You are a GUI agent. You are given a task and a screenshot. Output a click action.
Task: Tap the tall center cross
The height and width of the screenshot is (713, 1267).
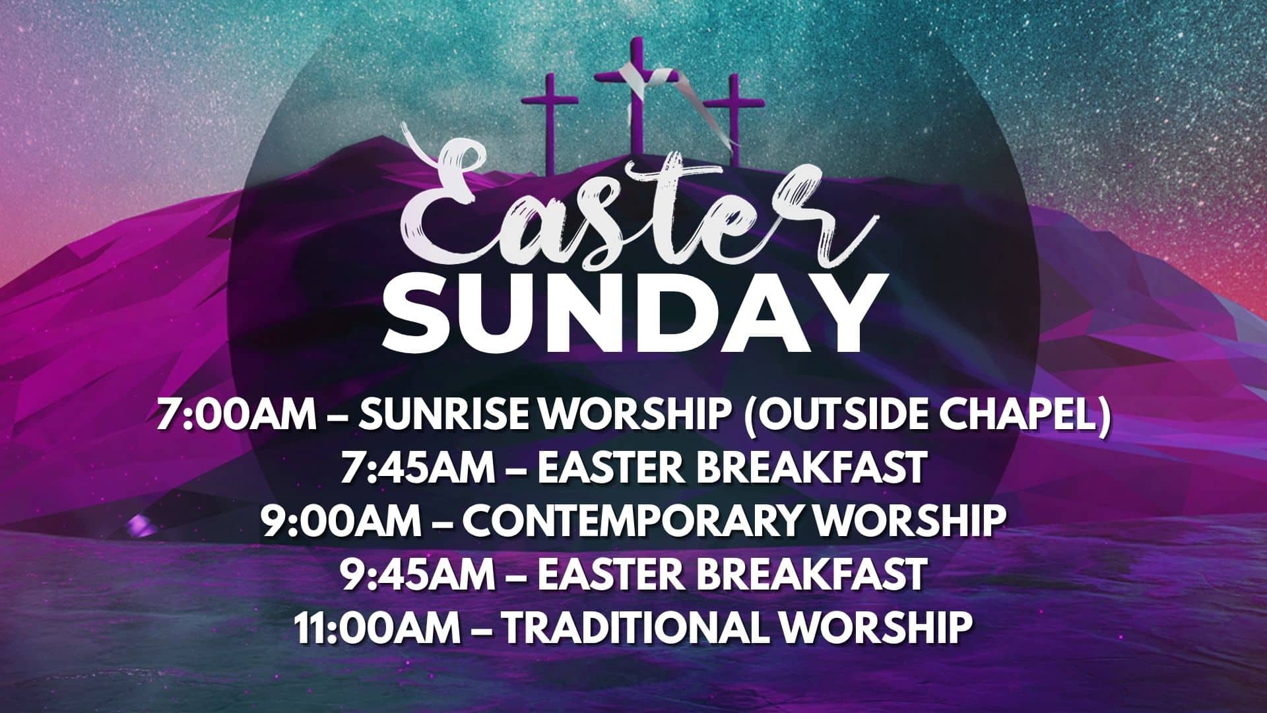637,99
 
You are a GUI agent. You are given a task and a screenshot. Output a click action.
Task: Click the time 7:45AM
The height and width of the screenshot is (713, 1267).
417,468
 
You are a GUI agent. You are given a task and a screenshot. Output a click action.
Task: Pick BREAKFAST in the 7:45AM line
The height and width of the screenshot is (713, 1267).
812,468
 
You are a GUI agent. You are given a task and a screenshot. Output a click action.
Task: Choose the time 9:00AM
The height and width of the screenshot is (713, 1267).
339,521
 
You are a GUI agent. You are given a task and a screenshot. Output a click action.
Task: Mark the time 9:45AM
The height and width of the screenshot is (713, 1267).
417,574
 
